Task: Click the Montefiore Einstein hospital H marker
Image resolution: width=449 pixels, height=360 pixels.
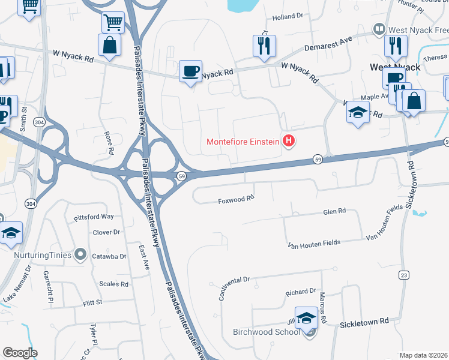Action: (289, 142)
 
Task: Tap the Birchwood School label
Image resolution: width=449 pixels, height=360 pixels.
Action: (265, 332)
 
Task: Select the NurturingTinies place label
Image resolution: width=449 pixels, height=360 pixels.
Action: (42, 255)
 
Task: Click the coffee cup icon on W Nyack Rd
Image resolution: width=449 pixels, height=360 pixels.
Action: (190, 71)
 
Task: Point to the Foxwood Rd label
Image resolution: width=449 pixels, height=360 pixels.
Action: (237, 198)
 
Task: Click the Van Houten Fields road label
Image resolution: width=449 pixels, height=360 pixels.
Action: (314, 244)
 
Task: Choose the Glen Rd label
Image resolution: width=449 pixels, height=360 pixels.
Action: (334, 212)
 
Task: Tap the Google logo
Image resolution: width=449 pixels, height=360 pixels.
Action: (20, 353)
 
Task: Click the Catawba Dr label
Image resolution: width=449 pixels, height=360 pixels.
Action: (109, 256)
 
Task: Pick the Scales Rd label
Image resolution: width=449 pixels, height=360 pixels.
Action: (114, 284)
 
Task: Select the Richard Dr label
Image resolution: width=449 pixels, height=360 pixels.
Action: (300, 292)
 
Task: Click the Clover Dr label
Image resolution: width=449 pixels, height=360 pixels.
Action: (107, 232)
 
